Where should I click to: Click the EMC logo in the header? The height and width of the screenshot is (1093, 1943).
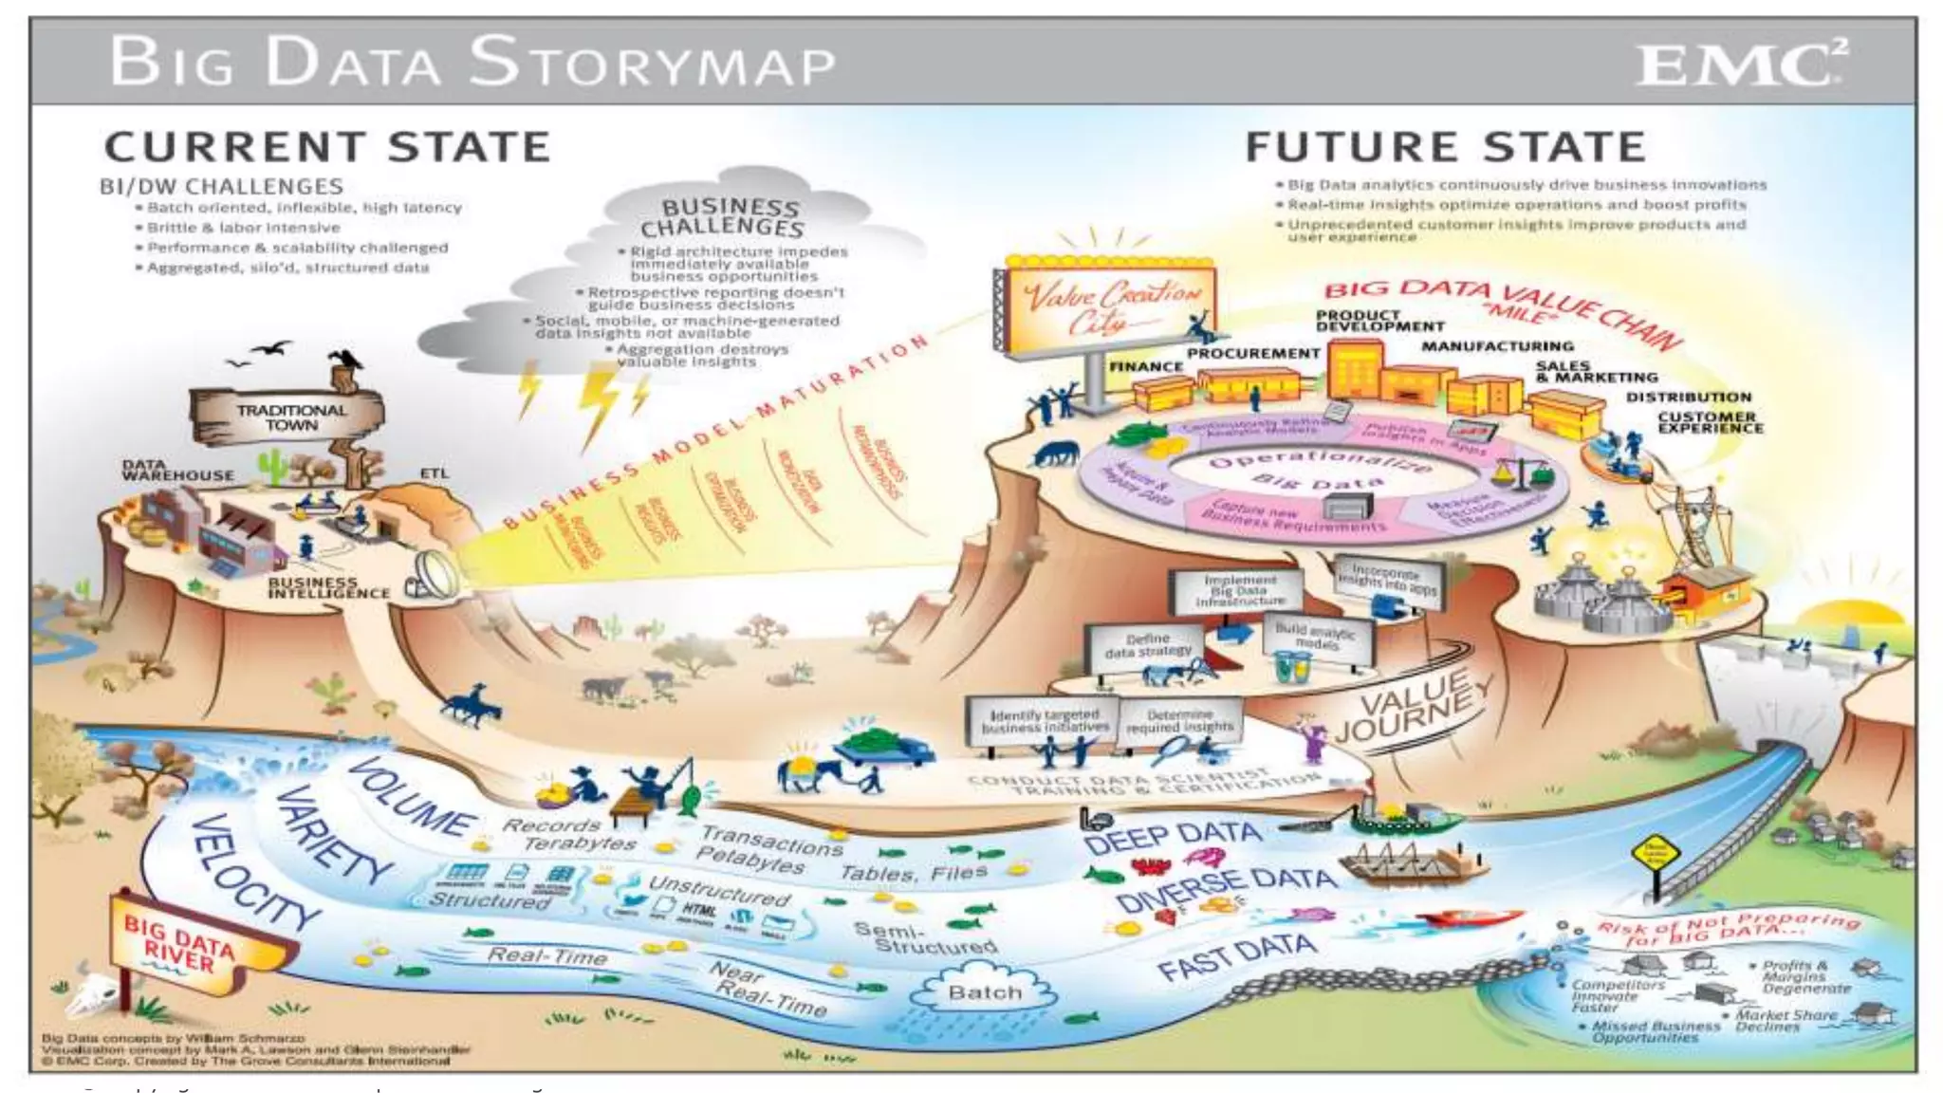pyautogui.click(x=1739, y=65)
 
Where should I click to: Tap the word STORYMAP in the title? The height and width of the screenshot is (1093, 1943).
pyautogui.click(x=652, y=63)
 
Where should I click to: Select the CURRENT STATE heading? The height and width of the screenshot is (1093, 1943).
pyautogui.click(x=327, y=148)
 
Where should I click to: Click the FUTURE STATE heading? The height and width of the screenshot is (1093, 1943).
pyautogui.click(x=1445, y=148)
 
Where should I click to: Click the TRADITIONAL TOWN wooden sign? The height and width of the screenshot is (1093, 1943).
pyautogui.click(x=290, y=417)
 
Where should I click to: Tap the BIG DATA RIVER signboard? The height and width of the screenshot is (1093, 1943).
pyautogui.click(x=182, y=941)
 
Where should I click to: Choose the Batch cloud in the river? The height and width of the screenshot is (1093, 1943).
pyautogui.click(x=985, y=992)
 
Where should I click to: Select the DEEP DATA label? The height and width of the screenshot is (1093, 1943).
pyautogui.click(x=1173, y=838)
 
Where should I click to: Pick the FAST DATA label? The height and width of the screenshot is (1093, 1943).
pyautogui.click(x=1236, y=955)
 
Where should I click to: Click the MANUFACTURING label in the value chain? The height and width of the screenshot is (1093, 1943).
pyautogui.click(x=1497, y=346)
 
